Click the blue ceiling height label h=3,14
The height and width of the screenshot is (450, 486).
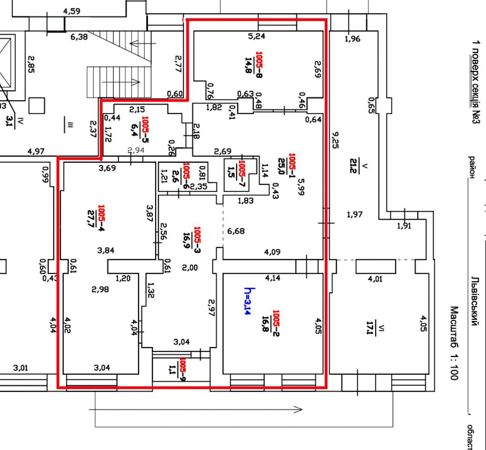point(250,301)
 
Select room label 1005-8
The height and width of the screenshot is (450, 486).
point(259,64)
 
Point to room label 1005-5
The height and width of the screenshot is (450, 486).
point(145,129)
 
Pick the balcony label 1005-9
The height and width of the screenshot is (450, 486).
point(183,369)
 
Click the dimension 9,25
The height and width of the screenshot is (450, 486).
point(335,140)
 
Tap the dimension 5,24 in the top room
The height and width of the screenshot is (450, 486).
point(257,36)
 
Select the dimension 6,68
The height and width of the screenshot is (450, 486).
point(236,231)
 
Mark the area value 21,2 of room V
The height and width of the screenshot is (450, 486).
point(353,166)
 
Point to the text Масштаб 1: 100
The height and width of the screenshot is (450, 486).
point(454,343)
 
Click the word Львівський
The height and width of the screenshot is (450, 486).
point(475,301)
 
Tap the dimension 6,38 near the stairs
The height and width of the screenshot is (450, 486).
point(79,37)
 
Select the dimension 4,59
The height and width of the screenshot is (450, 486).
point(72,11)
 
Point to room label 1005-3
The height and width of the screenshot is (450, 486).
point(197,240)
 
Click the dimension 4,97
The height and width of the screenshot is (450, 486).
point(36,151)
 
